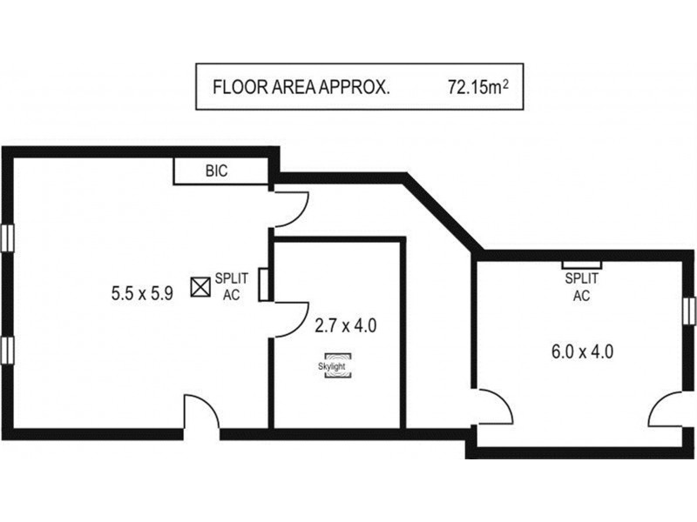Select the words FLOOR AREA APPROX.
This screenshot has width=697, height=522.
point(301,88)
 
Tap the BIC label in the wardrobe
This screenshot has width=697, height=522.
point(216,171)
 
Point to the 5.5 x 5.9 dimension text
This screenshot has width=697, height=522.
point(142,293)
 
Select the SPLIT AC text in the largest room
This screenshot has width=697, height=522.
point(232,285)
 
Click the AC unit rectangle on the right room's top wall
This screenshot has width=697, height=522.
point(581,264)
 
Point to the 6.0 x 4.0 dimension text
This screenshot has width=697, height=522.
point(583,352)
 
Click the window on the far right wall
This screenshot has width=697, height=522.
point(689,309)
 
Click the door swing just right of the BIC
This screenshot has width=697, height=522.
point(289,206)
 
